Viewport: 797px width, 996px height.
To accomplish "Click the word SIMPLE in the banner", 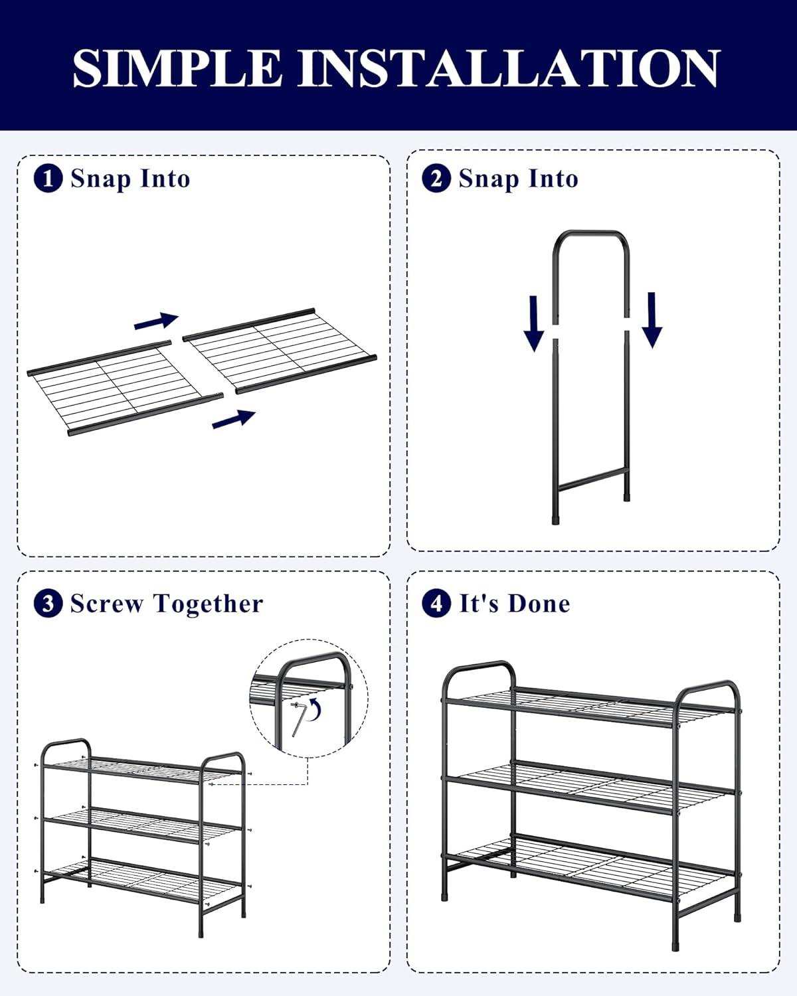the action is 177,68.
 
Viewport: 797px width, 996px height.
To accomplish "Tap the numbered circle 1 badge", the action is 48,179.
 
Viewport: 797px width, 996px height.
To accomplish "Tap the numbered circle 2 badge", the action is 436,179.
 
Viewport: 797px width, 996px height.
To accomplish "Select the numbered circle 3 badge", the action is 48,604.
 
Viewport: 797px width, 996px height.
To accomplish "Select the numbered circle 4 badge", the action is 436,604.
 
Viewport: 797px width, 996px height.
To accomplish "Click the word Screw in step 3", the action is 106,604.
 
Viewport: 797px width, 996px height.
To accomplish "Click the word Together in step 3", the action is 208,604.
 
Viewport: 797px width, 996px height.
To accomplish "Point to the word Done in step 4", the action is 538,604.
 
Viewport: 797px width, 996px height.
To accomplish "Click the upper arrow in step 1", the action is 157,320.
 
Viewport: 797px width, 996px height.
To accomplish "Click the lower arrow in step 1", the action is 234,418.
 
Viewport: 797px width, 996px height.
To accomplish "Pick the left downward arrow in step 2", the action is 533,323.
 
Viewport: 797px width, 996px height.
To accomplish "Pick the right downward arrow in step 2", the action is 652,320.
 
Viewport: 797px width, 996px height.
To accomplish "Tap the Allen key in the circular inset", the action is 297,718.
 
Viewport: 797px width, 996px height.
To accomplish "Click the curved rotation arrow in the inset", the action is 315,710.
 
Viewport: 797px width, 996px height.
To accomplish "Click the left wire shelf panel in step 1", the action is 125,389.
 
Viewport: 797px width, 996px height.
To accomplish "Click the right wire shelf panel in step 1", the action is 280,351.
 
